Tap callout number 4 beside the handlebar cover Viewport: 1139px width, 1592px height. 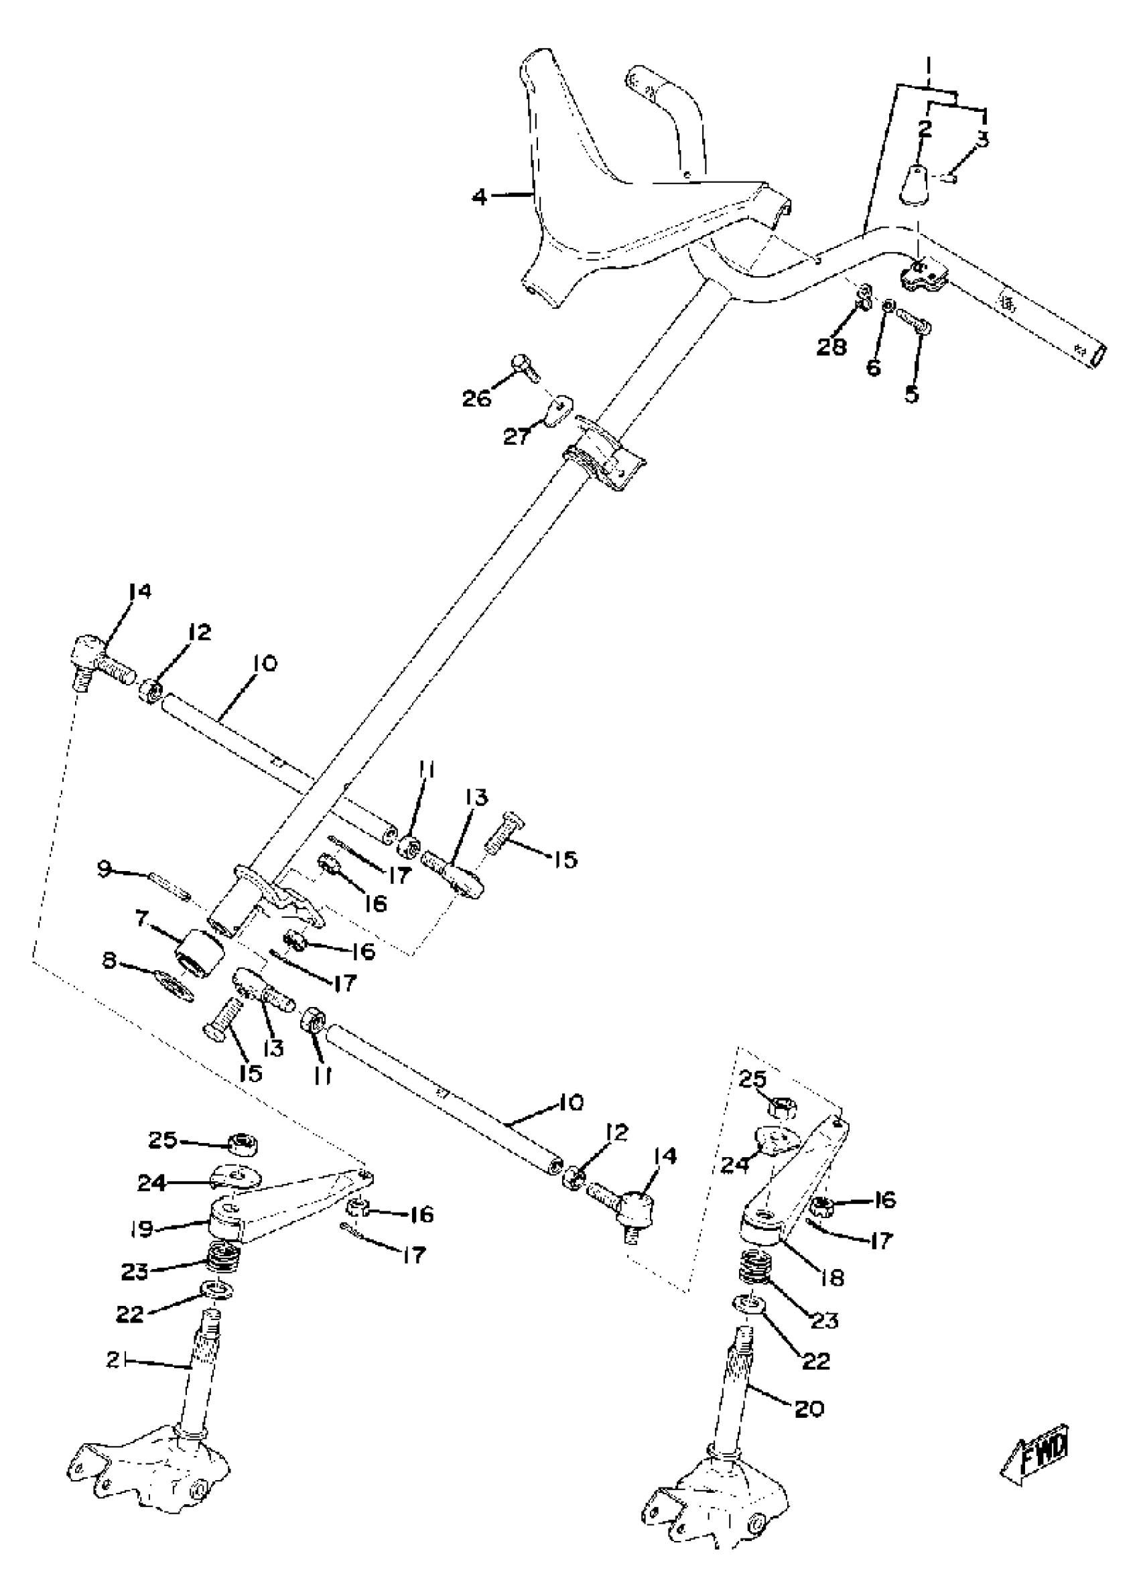[x=479, y=197]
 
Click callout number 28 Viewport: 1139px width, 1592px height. [x=832, y=346]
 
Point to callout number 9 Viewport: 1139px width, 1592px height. [x=104, y=870]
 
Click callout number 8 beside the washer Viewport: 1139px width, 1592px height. [x=109, y=961]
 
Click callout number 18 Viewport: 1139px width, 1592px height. [x=833, y=1277]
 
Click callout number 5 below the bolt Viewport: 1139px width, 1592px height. [x=911, y=393]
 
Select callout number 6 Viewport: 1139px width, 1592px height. [x=873, y=367]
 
